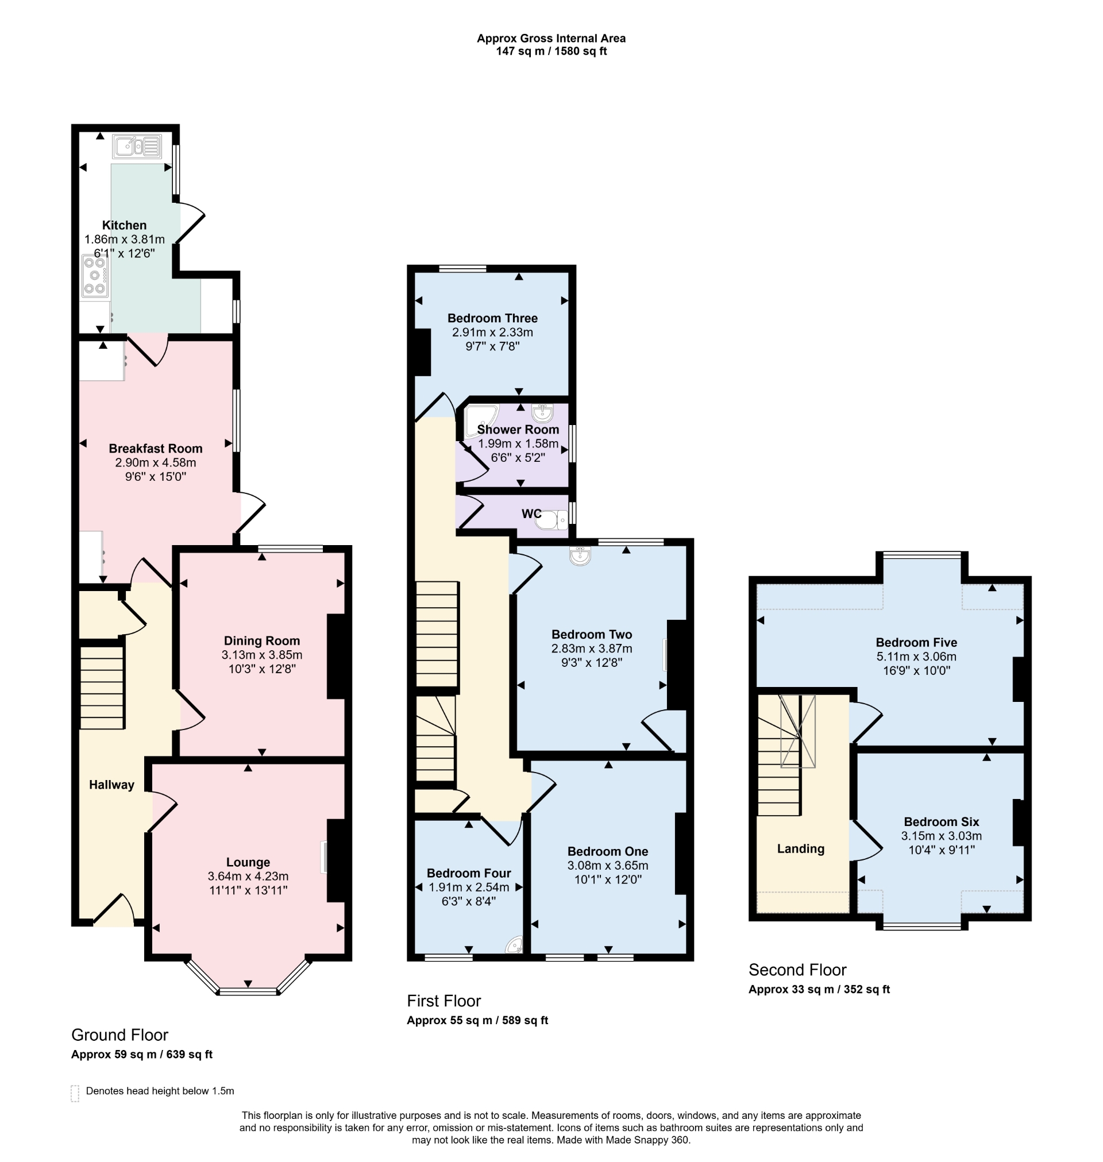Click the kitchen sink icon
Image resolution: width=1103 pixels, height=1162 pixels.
click(x=137, y=146)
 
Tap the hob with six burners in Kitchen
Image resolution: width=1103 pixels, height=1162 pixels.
click(x=95, y=276)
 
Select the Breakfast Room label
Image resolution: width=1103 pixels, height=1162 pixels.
click(x=155, y=449)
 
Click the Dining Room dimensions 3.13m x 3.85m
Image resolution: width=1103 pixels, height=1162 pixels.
click(x=261, y=655)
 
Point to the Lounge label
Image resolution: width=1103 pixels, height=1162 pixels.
click(x=248, y=862)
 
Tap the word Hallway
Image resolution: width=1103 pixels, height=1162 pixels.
click(x=111, y=785)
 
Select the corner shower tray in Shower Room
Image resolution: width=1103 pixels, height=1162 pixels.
click(x=479, y=420)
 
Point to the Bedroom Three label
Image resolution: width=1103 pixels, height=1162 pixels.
click(x=492, y=319)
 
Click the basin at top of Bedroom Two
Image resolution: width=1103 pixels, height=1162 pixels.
click(x=580, y=555)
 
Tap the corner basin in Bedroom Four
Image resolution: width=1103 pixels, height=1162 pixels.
click(x=516, y=945)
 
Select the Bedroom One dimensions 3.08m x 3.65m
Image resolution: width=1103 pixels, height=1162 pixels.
click(x=607, y=866)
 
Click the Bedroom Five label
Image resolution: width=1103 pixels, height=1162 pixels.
click(x=916, y=642)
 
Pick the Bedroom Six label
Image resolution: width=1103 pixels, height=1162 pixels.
click(x=942, y=822)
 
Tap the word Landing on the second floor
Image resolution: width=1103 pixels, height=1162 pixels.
click(x=800, y=849)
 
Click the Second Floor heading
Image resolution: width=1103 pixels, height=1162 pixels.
click(x=797, y=970)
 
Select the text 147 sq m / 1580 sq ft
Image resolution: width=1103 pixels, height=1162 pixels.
click(x=551, y=52)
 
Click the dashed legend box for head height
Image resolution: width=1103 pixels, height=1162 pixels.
click(x=75, y=1093)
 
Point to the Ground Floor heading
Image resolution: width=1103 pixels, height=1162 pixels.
click(x=119, y=1035)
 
